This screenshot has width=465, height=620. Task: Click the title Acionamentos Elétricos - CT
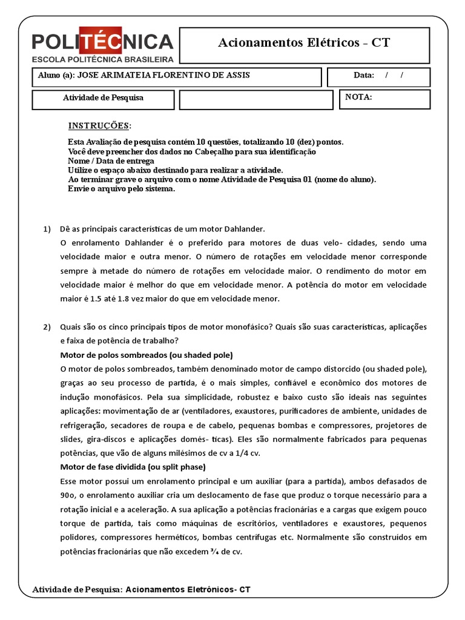click(x=303, y=42)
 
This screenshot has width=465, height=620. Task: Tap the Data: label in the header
click(x=365, y=76)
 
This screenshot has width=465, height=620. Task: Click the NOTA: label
click(x=358, y=97)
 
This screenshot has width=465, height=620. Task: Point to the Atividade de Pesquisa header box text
click(x=103, y=97)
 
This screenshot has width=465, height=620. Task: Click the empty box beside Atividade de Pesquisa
click(x=256, y=99)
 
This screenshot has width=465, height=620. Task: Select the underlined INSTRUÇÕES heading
click(x=99, y=126)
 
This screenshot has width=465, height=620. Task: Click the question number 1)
click(x=47, y=229)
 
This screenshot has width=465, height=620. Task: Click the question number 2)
click(x=47, y=327)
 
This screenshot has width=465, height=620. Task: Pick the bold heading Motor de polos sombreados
click(x=147, y=355)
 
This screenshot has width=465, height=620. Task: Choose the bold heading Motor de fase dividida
click(x=133, y=467)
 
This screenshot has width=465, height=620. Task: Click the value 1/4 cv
click(x=263, y=453)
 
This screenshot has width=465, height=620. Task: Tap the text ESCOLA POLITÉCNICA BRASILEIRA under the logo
click(x=103, y=59)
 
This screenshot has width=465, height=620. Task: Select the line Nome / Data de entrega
click(x=111, y=161)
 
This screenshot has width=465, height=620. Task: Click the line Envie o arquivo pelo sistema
click(x=122, y=189)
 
